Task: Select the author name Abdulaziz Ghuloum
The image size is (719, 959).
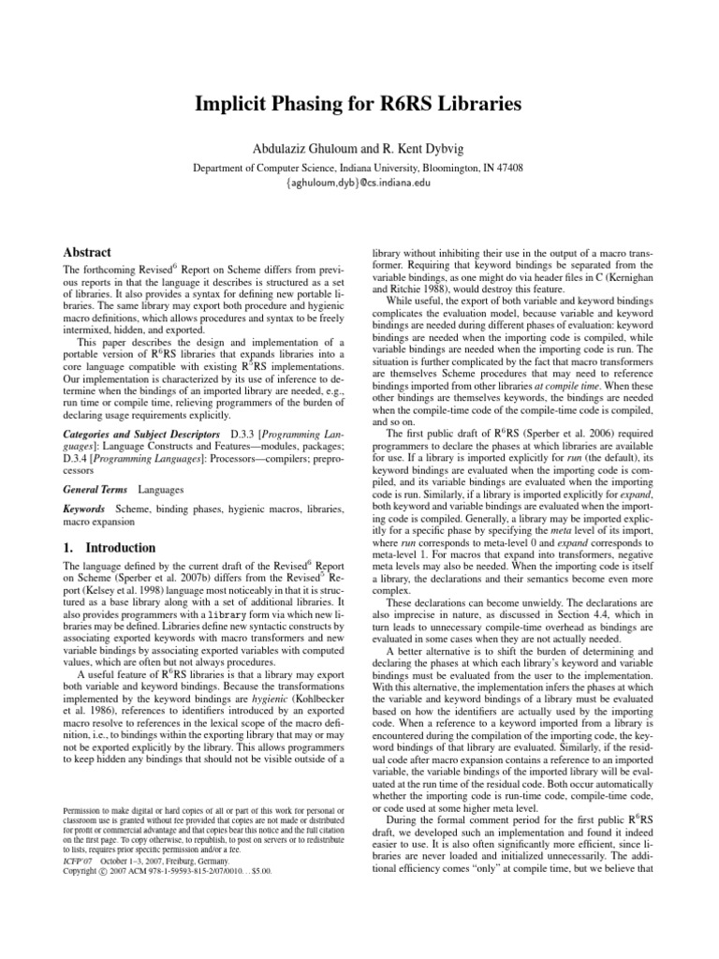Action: point(289,146)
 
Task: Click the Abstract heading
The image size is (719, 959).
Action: point(87,253)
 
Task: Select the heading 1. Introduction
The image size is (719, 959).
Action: point(106,547)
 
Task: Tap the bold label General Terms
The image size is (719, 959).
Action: point(95,490)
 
